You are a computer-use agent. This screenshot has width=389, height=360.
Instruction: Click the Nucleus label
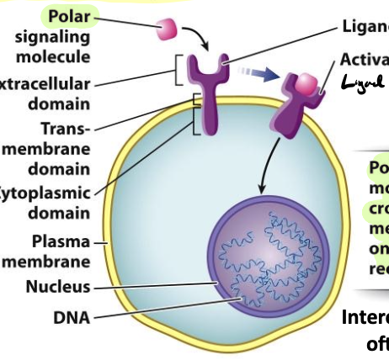coord(57,287)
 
